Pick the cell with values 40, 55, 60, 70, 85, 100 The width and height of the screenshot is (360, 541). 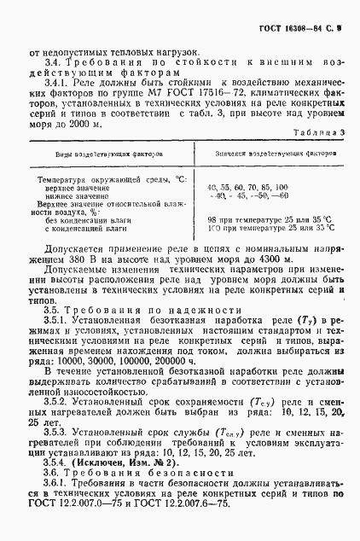(247, 186)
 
